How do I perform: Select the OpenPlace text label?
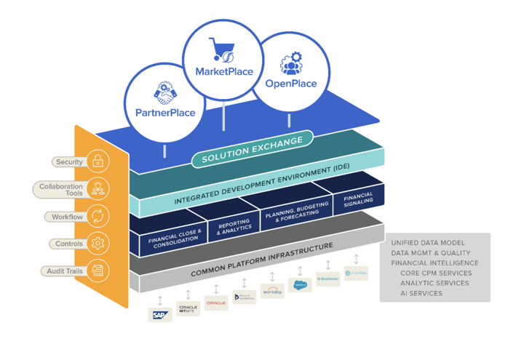(x=290, y=84)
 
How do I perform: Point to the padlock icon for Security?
(x=97, y=161)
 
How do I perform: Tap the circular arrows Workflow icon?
(x=97, y=216)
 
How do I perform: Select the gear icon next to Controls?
(x=97, y=243)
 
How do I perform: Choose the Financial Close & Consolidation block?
(x=175, y=238)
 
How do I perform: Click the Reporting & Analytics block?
(x=234, y=226)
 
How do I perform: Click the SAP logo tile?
(x=159, y=314)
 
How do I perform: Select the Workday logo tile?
(x=271, y=289)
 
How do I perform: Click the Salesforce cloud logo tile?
(x=299, y=284)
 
